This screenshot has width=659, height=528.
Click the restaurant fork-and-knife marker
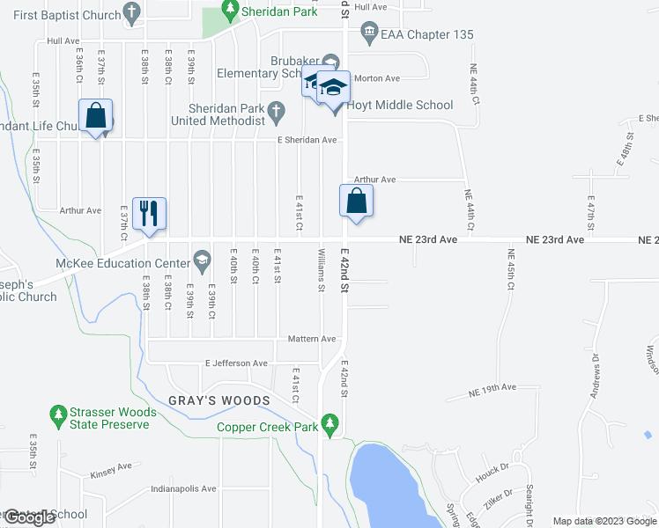149,214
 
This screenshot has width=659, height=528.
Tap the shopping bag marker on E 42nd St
356,201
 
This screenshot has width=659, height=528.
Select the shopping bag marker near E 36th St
95,116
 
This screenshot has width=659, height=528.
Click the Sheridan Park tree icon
230,11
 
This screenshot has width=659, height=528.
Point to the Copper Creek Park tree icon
330,423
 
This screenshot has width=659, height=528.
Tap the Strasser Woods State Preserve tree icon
58,413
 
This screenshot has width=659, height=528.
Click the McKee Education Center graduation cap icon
202,261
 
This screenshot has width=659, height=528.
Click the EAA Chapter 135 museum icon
368,34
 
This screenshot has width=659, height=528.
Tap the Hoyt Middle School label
399,105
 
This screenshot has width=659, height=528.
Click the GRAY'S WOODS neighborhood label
219,401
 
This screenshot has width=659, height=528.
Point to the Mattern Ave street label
313,339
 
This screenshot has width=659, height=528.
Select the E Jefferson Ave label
236,363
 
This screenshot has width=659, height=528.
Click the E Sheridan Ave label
307,140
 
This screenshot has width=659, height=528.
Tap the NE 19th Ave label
492,388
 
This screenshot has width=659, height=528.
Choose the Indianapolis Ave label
185,488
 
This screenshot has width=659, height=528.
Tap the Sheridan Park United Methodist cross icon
276,111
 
